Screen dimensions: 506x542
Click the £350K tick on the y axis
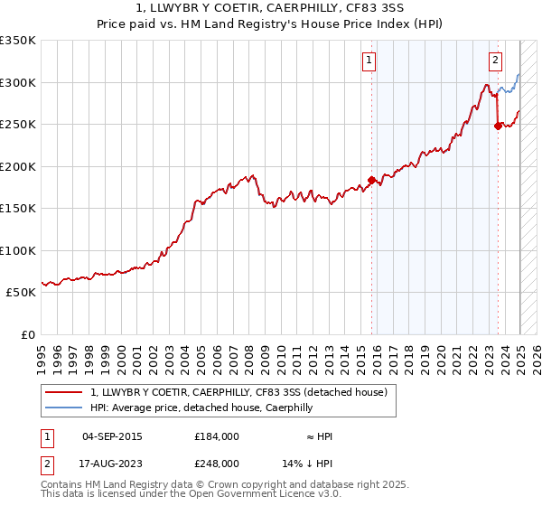(18, 41)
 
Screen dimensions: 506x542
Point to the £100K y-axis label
(18, 250)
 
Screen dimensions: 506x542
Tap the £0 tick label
(26, 334)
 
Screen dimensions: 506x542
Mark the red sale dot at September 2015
(371, 180)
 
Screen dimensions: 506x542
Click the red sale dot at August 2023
(498, 126)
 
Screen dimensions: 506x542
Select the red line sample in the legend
(66, 392)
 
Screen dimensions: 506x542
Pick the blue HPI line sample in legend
(66, 408)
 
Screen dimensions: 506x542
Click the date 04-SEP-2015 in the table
(112, 436)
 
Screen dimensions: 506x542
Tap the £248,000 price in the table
(217, 463)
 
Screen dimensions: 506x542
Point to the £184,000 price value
(217, 436)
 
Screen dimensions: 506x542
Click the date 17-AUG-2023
(112, 463)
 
